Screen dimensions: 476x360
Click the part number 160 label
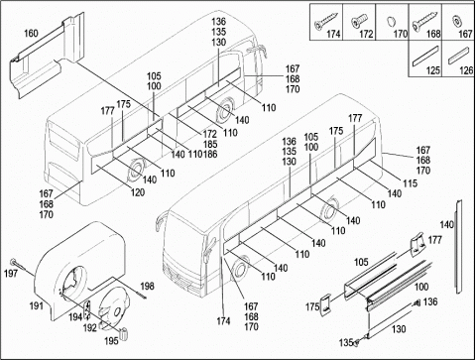coord(31,34)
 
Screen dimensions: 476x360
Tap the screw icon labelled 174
coord(326,21)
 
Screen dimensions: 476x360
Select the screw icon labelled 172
coord(358,21)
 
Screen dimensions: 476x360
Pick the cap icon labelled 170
coord(391,22)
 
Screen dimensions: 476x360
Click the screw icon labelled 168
coord(424,22)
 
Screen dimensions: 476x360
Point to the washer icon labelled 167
coord(457,21)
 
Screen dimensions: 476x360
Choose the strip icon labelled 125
coord(425,56)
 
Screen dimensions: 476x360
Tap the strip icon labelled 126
coord(459,56)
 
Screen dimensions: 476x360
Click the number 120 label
coord(137,192)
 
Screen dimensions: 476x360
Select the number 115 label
coord(410,183)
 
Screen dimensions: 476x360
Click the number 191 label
coord(37,306)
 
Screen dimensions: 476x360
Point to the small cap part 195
coord(125,333)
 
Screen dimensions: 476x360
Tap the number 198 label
coord(147,286)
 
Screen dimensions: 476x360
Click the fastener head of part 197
coord(13,262)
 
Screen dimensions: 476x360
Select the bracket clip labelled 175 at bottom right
coord(326,304)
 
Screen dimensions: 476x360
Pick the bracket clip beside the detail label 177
coord(417,245)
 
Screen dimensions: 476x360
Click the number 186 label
coord(210,155)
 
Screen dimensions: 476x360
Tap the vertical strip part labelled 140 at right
coord(458,247)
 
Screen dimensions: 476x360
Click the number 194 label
coord(75,317)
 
